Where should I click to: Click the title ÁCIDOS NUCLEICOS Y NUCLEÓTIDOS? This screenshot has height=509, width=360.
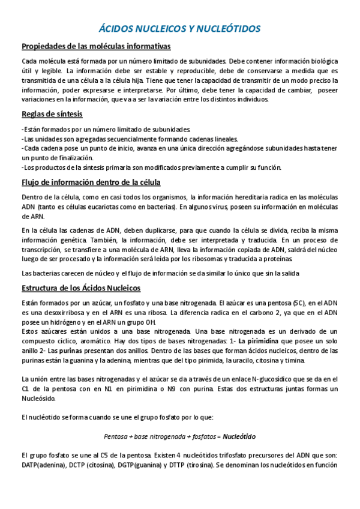(x=179, y=29)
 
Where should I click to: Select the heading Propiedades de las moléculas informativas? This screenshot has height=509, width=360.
(x=96, y=46)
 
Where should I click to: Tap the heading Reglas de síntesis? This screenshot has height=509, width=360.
(x=52, y=113)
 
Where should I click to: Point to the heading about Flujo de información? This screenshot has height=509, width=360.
(x=91, y=182)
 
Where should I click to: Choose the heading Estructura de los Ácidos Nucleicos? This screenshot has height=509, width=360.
(x=81, y=288)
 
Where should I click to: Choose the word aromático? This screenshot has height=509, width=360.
(x=95, y=341)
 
